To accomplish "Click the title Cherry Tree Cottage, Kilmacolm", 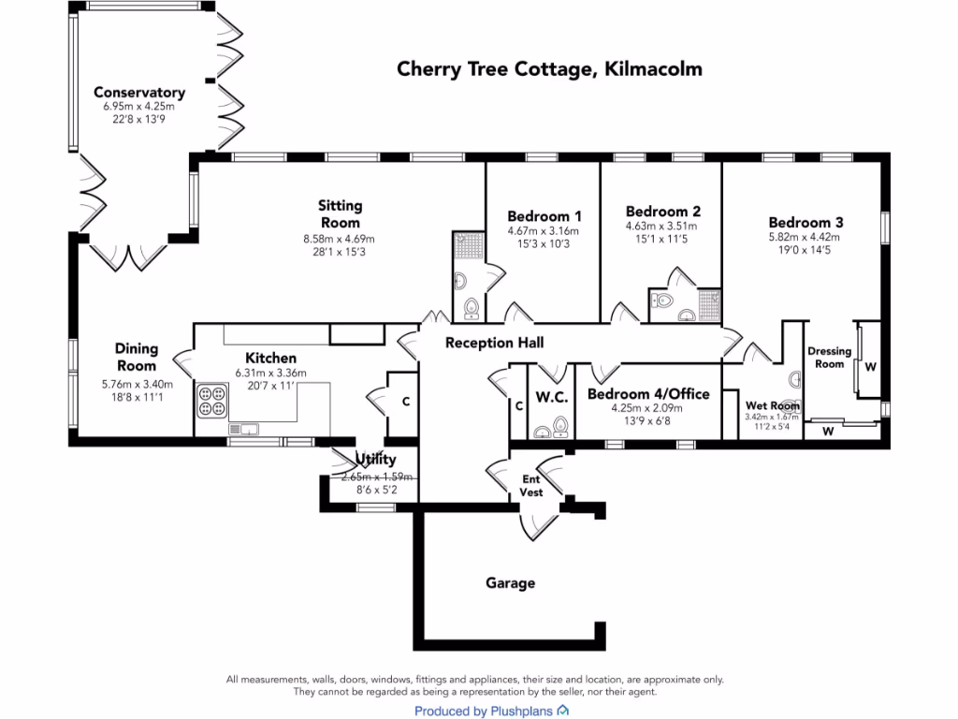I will click(x=549, y=69).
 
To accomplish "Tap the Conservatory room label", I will click(x=139, y=93).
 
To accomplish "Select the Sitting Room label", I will click(x=340, y=213).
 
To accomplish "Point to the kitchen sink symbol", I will click(x=244, y=429).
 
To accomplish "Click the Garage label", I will click(x=510, y=583).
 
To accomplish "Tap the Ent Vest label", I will click(x=531, y=485).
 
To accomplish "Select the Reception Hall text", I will click(x=494, y=343).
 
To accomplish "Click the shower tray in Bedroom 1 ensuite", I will click(x=468, y=245).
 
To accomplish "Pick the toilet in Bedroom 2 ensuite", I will click(x=664, y=301).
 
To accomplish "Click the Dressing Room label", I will click(x=829, y=358).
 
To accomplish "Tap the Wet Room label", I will click(x=772, y=405).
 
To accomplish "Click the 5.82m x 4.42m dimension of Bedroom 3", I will click(x=806, y=238).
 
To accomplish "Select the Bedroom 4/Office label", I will click(x=647, y=394).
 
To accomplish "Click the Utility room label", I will click(x=376, y=460).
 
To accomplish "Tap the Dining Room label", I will click(x=137, y=358).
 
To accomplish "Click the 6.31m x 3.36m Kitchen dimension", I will click(x=270, y=373).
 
